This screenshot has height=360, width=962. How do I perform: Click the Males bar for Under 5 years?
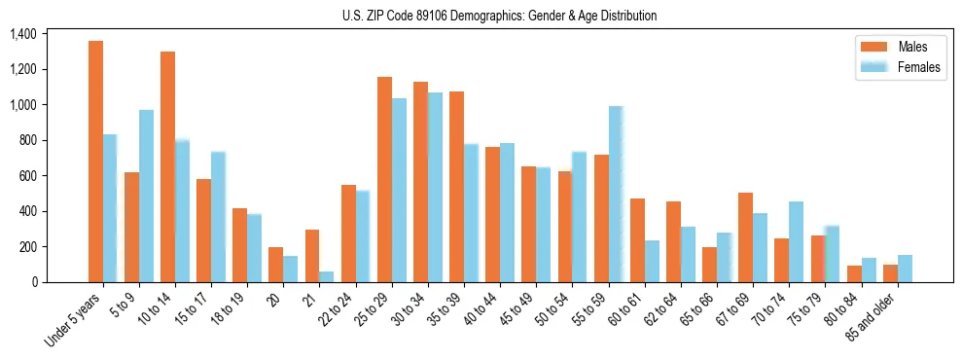pos(95,162)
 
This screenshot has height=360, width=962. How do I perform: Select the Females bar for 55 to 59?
pos(616,195)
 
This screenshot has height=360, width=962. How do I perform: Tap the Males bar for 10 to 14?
pos(167,166)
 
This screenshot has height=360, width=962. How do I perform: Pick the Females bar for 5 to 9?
pos(146,196)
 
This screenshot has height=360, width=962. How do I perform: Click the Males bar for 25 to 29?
pos(384,179)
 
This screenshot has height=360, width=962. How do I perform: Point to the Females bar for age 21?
pos(327,276)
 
